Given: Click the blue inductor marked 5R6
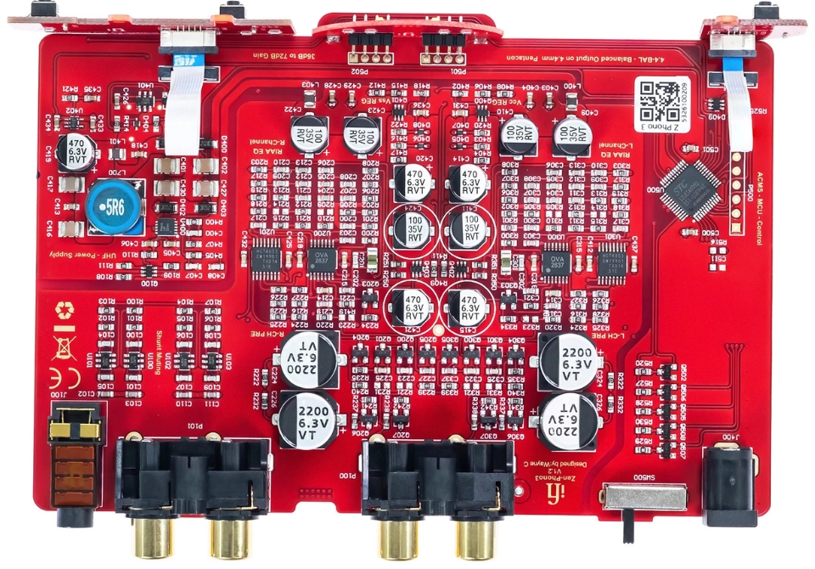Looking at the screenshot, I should pyautogui.click(x=113, y=204).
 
